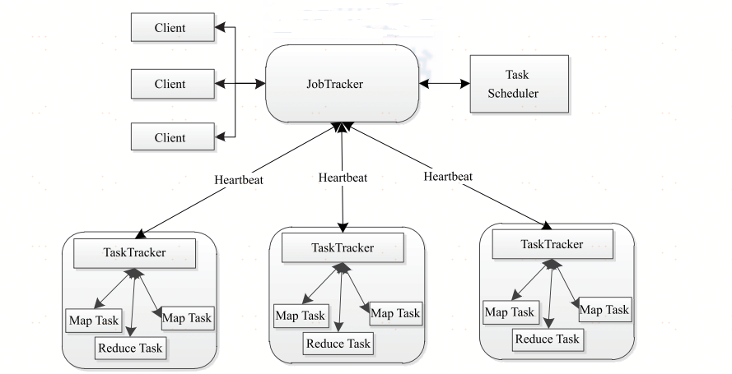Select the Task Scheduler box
(x=518, y=84)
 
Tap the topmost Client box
(x=170, y=28)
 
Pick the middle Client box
(x=170, y=83)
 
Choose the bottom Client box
(x=170, y=136)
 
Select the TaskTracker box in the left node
(x=133, y=252)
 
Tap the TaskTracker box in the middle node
(x=343, y=247)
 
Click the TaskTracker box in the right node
(x=552, y=244)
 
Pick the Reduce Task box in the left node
(x=131, y=348)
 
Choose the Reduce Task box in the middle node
(x=338, y=344)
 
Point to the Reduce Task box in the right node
(x=547, y=339)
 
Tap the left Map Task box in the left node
(x=93, y=320)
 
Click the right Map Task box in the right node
(x=605, y=310)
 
